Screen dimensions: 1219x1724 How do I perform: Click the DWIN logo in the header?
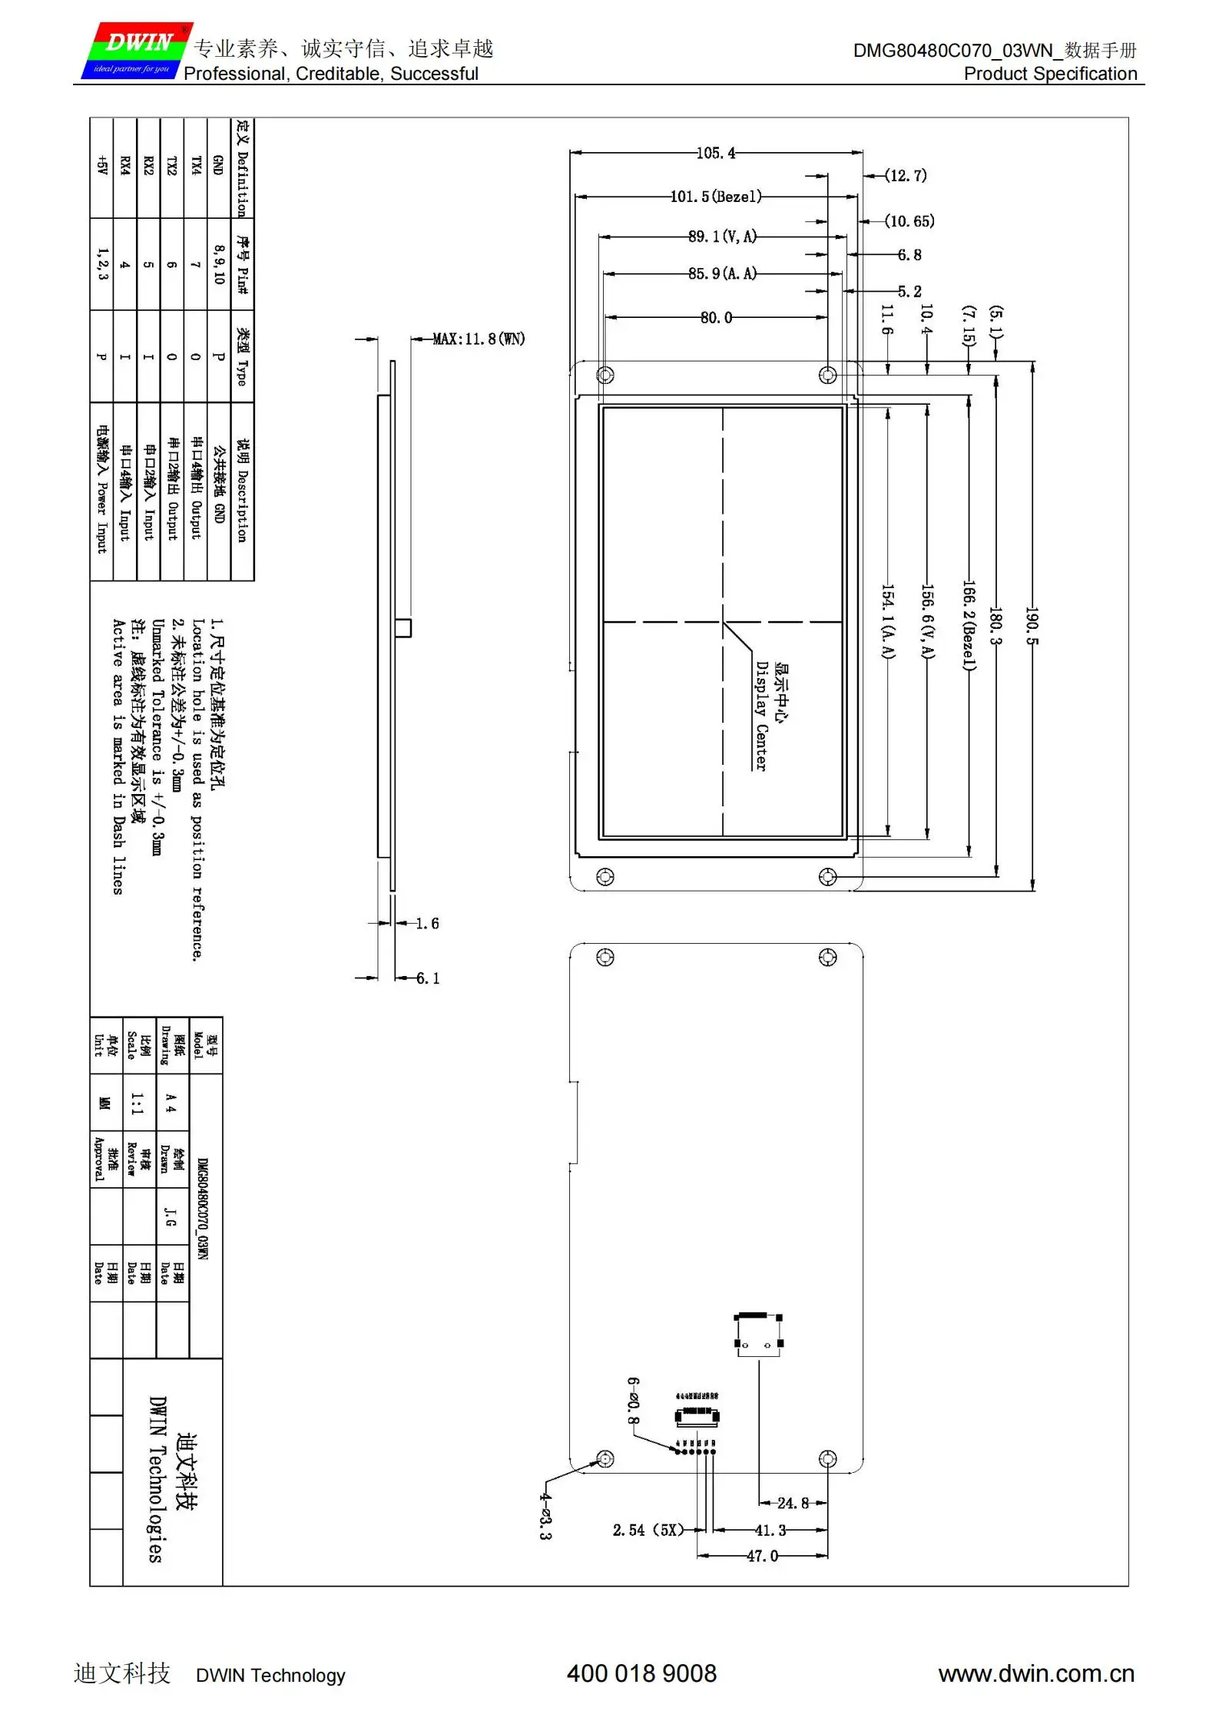tap(137, 51)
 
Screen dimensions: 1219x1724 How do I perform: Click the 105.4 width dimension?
tap(715, 153)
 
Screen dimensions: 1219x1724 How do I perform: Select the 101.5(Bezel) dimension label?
tap(716, 197)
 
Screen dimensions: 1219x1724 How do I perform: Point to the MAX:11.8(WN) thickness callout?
tap(479, 339)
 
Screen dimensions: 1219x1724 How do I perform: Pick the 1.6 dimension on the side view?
tap(427, 923)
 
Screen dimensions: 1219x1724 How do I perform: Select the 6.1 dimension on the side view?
tap(428, 978)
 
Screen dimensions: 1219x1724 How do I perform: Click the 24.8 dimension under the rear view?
tap(792, 1503)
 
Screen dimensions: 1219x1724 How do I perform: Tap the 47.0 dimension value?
tap(762, 1556)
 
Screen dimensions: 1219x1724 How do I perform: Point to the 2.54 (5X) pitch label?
tap(648, 1530)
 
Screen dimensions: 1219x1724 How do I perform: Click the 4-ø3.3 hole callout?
tap(545, 1516)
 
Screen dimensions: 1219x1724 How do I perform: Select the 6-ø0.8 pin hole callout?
tap(633, 1401)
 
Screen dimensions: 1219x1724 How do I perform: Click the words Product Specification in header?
tap(1050, 74)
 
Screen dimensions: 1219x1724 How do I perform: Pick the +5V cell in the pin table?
tap(101, 165)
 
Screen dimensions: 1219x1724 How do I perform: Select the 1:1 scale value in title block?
tap(137, 1104)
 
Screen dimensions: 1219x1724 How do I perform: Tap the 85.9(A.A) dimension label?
tap(722, 273)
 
